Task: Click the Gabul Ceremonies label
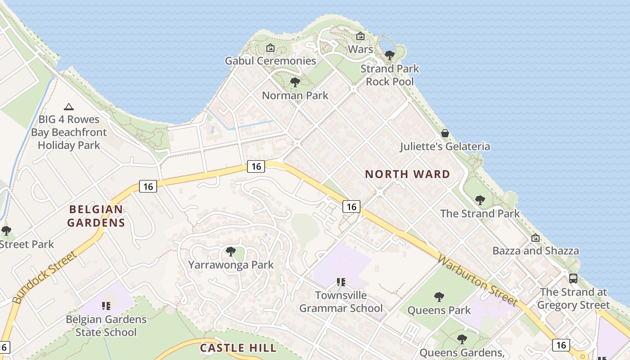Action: [x=270, y=61]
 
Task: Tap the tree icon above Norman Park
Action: [x=295, y=82]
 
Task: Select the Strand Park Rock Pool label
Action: [x=390, y=75]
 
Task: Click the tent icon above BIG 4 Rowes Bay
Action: [x=68, y=107]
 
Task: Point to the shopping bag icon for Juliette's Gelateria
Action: [x=445, y=133]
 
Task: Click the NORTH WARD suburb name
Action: [x=407, y=174]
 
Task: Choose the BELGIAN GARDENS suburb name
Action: [x=96, y=216]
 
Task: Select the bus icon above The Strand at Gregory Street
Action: [x=573, y=278]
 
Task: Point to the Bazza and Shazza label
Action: [x=535, y=251]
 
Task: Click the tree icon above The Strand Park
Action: [x=480, y=200]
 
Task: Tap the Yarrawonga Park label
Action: [x=231, y=265]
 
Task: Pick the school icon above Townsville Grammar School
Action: [x=341, y=282]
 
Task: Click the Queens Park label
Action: [x=439, y=310]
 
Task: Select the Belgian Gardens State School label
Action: [x=106, y=326]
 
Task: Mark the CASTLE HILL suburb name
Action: [x=238, y=348]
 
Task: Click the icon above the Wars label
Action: [x=360, y=36]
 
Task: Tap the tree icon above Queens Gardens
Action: [x=461, y=339]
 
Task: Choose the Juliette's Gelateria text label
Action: [x=445, y=147]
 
